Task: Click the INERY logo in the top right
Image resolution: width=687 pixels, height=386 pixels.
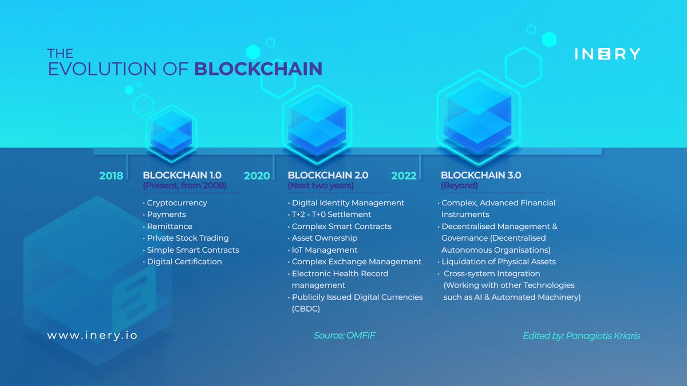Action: pos(607,54)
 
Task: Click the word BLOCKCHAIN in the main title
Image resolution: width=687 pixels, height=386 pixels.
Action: pos(258,69)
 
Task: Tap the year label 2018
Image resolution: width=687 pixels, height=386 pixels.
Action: pos(111,176)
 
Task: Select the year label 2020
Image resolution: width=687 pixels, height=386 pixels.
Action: pos(256,176)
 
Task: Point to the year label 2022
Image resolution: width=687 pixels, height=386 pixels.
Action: pos(404,176)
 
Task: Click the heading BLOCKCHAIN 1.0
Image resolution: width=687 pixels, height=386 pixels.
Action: pos(182,175)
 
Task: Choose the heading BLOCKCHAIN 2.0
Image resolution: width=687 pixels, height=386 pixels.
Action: pos(327,175)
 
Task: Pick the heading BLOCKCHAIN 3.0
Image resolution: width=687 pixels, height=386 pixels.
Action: pos(481,175)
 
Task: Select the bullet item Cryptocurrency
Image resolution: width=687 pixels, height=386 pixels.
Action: pos(177,203)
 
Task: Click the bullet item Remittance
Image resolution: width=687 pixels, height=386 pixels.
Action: pos(169,226)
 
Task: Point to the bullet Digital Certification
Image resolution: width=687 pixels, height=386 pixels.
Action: pos(184,261)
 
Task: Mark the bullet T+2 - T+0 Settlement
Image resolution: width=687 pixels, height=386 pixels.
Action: pos(331,214)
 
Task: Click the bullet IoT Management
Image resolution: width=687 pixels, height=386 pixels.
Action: pos(325,250)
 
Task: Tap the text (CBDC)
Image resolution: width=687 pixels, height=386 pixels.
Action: pos(306,309)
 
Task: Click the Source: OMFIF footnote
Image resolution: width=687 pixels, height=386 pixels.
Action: pos(345,336)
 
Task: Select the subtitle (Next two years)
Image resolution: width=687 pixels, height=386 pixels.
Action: pos(321,186)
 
